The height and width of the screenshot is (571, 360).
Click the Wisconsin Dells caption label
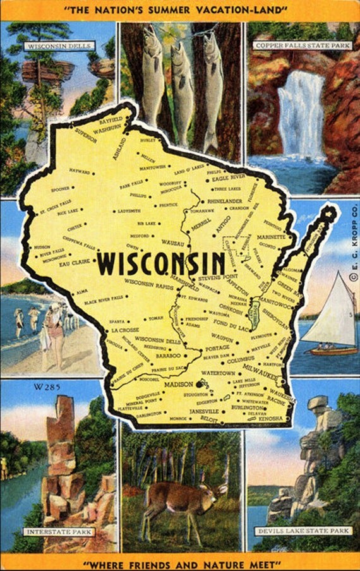tap(59, 46)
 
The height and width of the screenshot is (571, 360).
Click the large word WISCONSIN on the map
tap(162, 263)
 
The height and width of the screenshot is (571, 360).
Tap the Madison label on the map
tap(179, 384)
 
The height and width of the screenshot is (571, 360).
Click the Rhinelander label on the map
tap(225, 201)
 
